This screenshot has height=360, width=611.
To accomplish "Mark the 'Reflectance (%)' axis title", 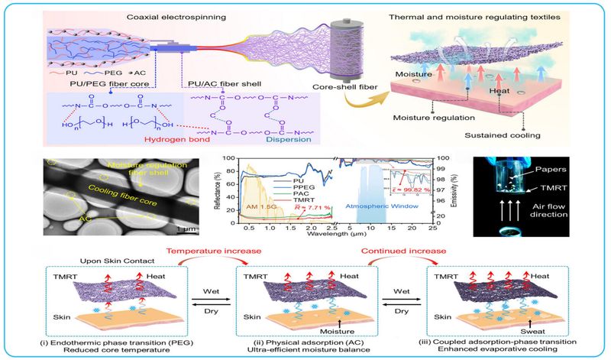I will pyautogui.click(x=218, y=193).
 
